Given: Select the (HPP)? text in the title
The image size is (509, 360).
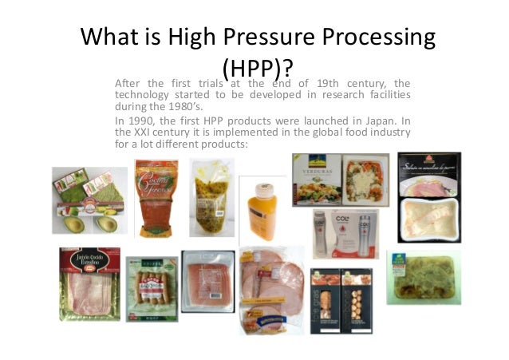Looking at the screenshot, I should (256, 67).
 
